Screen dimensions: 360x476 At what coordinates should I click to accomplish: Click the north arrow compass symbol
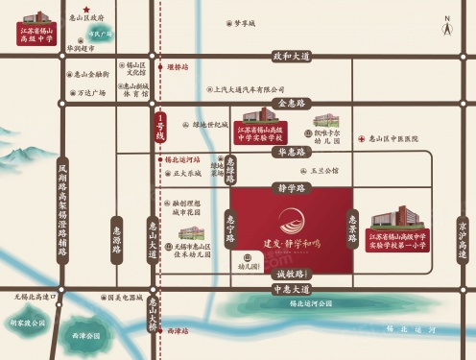[447, 29]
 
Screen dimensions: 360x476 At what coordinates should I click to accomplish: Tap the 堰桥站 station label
[178, 67]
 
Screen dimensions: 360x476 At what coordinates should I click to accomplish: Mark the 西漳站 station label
[178, 330]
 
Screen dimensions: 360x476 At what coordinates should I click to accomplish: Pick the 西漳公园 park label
[86, 336]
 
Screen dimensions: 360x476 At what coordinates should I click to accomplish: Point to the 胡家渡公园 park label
[28, 323]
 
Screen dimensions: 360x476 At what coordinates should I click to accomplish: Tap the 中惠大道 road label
[292, 288]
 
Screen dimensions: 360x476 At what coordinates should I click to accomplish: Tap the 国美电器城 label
[124, 299]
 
